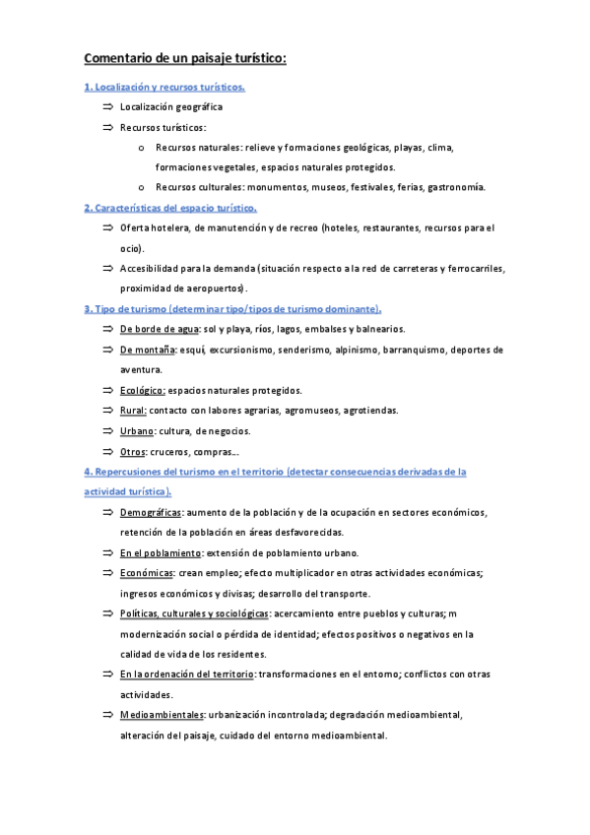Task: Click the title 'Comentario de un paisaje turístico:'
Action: tap(185, 58)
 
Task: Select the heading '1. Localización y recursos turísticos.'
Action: tap(164, 87)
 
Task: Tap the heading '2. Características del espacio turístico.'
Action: tap(170, 208)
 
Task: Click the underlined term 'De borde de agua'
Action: tap(159, 329)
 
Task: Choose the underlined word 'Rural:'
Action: tap(133, 411)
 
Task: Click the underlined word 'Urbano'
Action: tap(137, 431)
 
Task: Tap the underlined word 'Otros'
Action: tap(132, 452)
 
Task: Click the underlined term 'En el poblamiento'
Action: tap(161, 552)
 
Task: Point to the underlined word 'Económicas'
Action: tap(147, 573)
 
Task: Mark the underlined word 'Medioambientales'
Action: tap(162, 715)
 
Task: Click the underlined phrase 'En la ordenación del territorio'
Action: tap(187, 674)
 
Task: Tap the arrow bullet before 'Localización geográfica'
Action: tap(106, 106)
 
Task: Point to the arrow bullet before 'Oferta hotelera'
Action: tap(106, 227)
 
